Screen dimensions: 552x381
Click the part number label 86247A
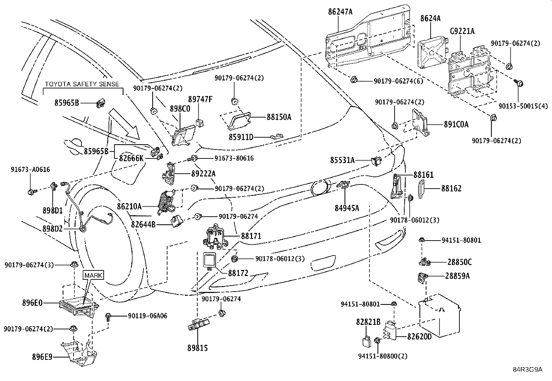(x=340, y=12)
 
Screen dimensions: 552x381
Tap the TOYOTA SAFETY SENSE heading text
(x=82, y=84)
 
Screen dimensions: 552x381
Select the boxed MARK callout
(x=93, y=275)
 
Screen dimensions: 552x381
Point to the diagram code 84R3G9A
(x=528, y=370)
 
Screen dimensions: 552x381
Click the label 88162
(x=451, y=189)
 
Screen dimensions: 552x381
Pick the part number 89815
(x=197, y=348)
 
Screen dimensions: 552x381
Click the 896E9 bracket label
(x=42, y=357)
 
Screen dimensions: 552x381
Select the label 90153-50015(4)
(x=523, y=106)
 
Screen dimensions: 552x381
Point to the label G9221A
(x=462, y=31)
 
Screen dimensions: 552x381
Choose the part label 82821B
(x=368, y=322)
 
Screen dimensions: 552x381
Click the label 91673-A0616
(x=30, y=170)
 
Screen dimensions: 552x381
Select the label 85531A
(x=342, y=160)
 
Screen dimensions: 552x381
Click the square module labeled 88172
(x=209, y=260)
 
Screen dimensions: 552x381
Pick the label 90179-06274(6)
(x=398, y=81)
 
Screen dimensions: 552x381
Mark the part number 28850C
(x=459, y=262)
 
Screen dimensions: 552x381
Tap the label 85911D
(x=241, y=137)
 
